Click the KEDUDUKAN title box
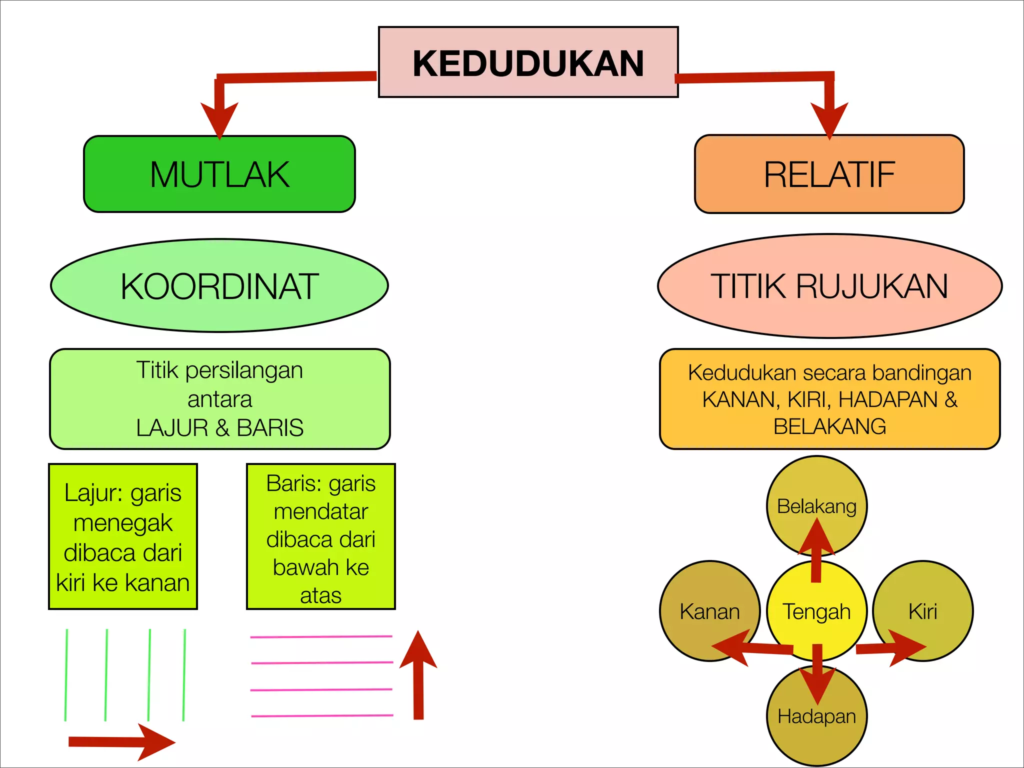tap(528, 62)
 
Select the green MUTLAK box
tap(219, 174)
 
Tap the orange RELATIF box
tap(829, 174)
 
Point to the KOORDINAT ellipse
tap(219, 285)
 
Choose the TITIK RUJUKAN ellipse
tap(829, 285)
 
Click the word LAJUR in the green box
tap(172, 428)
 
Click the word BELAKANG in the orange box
tap(829, 426)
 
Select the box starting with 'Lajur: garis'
tap(123, 536)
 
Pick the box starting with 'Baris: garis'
tap(321, 536)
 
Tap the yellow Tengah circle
tap(816, 611)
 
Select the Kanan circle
tap(709, 611)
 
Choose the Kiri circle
tap(923, 611)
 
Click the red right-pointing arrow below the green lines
tap(122, 742)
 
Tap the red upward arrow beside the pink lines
tap(418, 675)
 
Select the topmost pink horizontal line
tap(321, 636)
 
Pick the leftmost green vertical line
tap(66, 675)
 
